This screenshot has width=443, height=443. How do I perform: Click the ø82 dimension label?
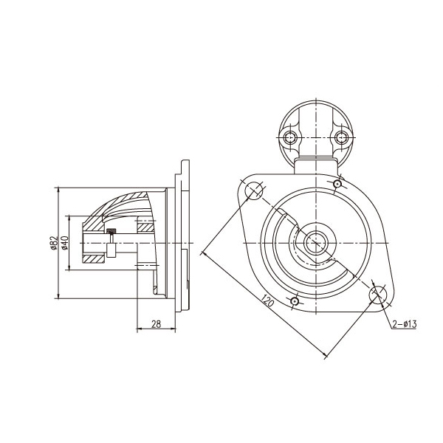coord(54,243)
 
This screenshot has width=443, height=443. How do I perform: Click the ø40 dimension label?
coord(65,243)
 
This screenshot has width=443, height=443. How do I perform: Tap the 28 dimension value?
coord(156,324)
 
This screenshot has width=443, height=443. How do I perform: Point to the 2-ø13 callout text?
coord(405,324)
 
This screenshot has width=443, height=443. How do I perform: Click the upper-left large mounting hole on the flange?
coord(253,191)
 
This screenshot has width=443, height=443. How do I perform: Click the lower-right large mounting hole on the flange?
coord(379,294)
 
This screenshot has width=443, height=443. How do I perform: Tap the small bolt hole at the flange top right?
coord(337,184)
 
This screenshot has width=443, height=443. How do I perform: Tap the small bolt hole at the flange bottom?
coord(295,301)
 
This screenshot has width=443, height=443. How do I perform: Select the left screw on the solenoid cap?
coord(289,138)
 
